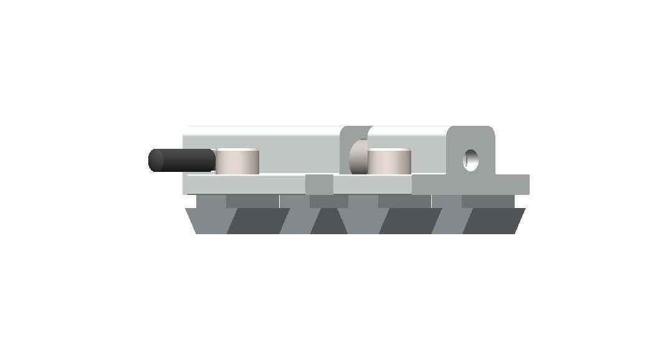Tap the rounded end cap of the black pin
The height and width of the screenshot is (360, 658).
[x=155, y=161]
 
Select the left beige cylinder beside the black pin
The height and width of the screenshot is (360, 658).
[x=236, y=162]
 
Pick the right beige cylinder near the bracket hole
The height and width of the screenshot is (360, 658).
[x=389, y=162]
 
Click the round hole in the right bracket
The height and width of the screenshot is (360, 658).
[x=471, y=159]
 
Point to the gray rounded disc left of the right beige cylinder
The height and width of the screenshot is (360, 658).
[x=358, y=158]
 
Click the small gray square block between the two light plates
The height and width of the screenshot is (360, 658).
[x=319, y=184]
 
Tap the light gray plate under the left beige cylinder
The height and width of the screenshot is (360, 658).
[x=243, y=184]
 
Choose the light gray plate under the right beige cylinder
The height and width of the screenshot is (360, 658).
[x=373, y=184]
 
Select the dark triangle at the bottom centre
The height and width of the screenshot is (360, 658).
[x=329, y=224]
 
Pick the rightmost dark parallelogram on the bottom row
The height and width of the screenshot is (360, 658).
[x=492, y=221]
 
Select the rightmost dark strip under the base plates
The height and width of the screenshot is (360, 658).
[x=487, y=201]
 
